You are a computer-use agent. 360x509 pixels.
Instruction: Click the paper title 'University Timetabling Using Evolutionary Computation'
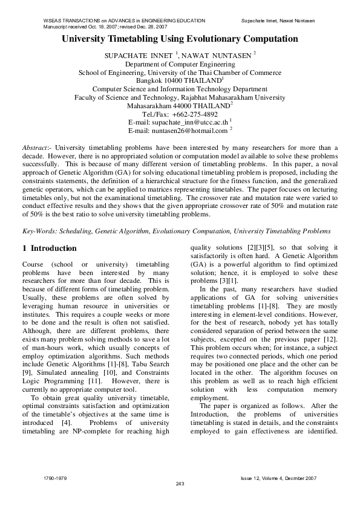tap(180, 39)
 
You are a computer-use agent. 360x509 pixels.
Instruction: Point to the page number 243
tap(180, 484)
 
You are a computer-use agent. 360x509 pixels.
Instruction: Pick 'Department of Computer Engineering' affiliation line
tap(180, 63)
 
